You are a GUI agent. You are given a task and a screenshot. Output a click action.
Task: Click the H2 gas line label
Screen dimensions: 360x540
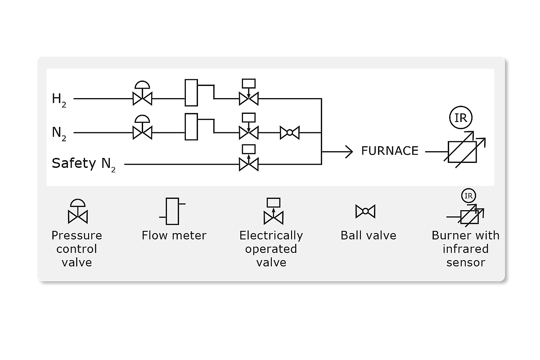click(x=59, y=100)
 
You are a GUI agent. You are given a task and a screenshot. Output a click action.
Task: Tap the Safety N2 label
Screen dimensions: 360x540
click(x=84, y=164)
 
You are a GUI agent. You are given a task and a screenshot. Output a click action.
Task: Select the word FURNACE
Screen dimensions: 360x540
click(x=390, y=151)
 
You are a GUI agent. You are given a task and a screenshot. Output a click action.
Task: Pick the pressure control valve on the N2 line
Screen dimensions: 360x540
click(x=143, y=132)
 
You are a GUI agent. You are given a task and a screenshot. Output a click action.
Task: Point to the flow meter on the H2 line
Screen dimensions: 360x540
click(x=191, y=93)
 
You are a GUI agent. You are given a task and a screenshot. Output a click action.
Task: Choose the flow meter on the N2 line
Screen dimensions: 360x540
click(x=191, y=127)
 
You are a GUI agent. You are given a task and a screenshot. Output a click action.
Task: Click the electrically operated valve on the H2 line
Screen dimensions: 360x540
click(x=248, y=97)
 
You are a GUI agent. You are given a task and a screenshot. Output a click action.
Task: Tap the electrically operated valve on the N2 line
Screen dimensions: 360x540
click(x=248, y=132)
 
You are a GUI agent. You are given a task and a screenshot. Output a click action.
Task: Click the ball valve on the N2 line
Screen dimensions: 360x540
click(x=290, y=132)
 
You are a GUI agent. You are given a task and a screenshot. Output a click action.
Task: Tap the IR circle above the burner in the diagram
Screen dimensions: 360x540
click(x=460, y=118)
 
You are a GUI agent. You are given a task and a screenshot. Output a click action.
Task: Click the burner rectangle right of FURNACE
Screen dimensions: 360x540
click(x=462, y=152)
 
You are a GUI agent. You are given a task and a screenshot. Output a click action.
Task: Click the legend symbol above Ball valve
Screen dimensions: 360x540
click(x=365, y=211)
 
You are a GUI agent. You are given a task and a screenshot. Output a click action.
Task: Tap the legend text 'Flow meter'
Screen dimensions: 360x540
click(x=174, y=235)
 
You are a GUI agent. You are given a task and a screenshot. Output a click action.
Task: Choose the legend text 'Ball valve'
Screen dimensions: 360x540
click(x=368, y=235)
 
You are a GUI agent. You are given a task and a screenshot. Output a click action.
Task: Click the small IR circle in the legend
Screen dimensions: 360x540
click(x=468, y=196)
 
